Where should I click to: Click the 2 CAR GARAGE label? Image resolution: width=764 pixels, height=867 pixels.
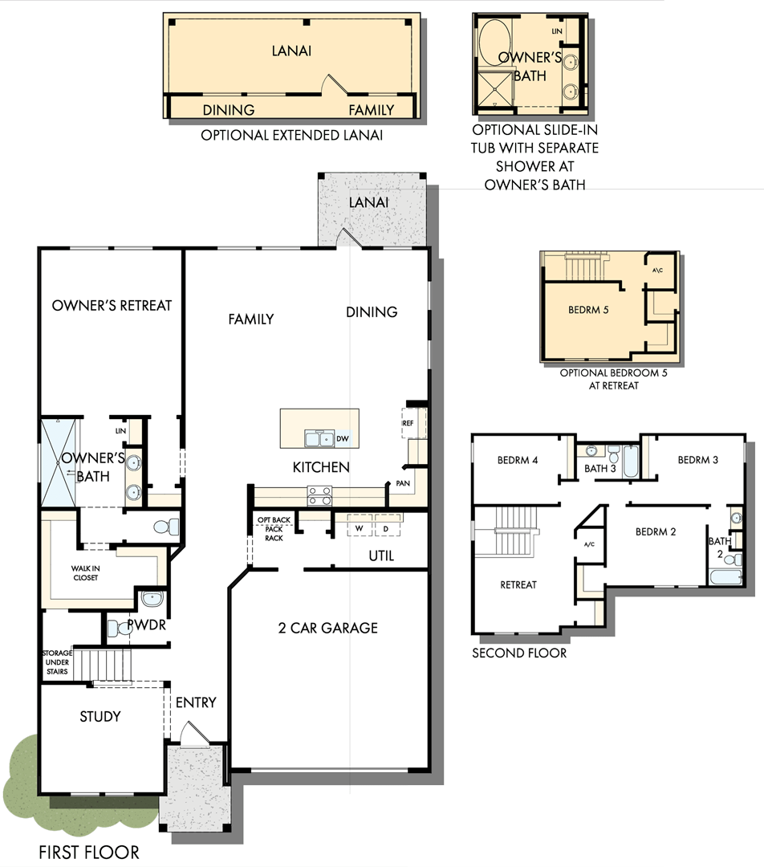(327, 628)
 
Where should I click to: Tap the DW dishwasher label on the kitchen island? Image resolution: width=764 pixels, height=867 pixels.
(342, 438)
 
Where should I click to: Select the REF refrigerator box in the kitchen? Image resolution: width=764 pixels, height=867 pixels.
(407, 421)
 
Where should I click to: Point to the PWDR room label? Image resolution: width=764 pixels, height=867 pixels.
(146, 624)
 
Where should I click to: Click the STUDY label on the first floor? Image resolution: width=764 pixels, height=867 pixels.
(100, 716)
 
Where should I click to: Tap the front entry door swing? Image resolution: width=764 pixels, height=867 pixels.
(193, 733)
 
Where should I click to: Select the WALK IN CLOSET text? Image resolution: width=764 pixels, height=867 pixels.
(84, 573)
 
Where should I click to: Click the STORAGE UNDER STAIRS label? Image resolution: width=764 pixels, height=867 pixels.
(57, 662)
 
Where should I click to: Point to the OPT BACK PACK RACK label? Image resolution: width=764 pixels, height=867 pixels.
(274, 529)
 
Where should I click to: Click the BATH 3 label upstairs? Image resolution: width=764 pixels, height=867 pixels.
(600, 469)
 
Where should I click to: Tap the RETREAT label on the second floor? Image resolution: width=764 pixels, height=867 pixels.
(518, 584)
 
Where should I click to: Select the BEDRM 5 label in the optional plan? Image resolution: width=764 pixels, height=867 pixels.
(587, 309)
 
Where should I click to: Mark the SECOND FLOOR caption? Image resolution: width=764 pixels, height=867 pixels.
(518, 653)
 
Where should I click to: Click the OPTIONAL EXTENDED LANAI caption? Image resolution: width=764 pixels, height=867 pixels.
(291, 135)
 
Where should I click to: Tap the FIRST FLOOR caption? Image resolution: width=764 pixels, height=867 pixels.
(88, 853)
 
